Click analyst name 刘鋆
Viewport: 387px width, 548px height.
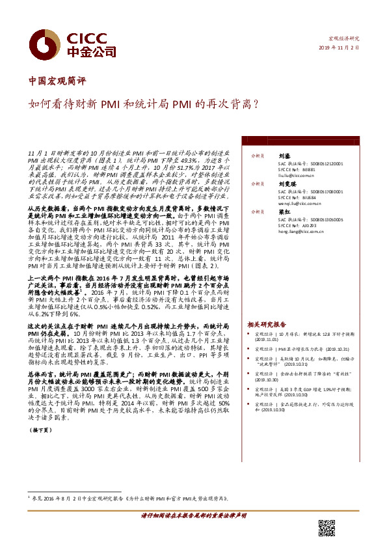[x=284, y=156]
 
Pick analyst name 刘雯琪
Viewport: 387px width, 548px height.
[x=287, y=184]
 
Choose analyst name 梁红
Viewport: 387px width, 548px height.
[x=284, y=211]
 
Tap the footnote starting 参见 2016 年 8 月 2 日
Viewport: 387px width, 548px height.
[x=130, y=498]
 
